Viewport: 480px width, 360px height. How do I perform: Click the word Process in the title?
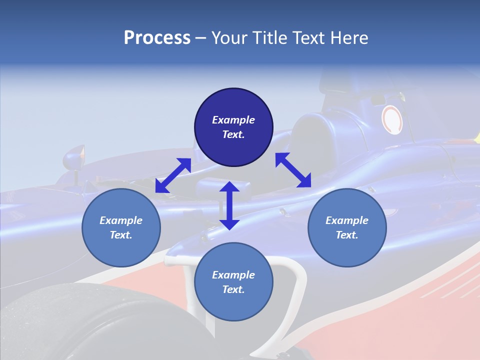(157, 38)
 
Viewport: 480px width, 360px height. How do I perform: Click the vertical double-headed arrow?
(229, 205)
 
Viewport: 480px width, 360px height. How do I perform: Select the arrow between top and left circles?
(173, 175)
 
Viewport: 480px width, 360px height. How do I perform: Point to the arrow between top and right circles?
(293, 170)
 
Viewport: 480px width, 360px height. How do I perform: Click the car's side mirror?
(74, 157)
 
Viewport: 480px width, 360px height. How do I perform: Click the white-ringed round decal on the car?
(392, 120)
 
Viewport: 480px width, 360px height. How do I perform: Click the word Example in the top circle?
(233, 120)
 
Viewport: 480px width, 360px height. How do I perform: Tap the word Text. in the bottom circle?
(233, 289)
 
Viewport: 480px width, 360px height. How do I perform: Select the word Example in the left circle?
(121, 220)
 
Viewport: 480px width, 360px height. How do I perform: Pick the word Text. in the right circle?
(347, 235)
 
